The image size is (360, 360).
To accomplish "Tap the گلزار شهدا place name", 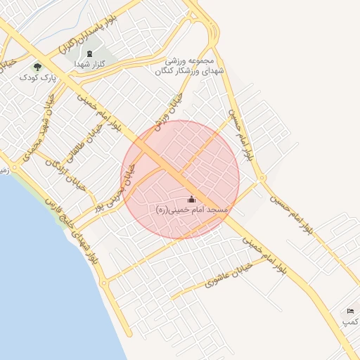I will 90,63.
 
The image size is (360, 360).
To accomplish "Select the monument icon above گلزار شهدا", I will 89,53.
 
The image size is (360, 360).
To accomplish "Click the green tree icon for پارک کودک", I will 37,67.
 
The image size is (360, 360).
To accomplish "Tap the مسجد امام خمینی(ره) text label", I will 191,210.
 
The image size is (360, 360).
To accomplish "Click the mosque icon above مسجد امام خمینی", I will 192,200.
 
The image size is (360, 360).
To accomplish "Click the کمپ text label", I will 349,321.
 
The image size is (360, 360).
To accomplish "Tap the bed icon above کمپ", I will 350,311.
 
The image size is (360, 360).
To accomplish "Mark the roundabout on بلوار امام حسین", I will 261,179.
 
